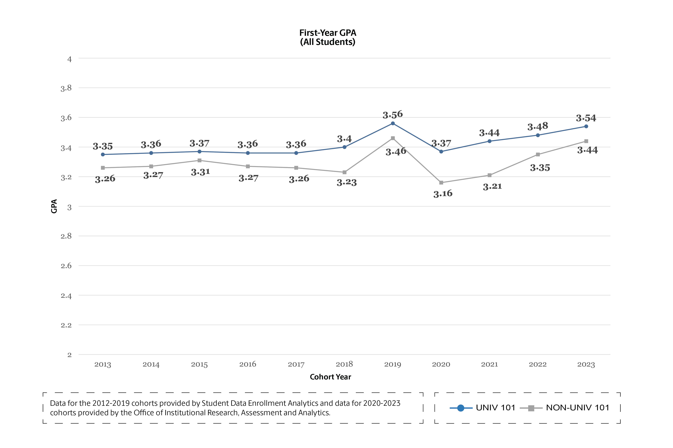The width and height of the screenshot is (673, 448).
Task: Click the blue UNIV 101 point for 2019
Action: [393, 123]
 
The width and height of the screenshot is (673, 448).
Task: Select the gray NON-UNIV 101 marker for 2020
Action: [441, 183]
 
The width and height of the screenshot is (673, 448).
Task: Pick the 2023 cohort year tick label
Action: [586, 364]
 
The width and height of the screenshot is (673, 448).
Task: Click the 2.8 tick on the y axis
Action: [66, 236]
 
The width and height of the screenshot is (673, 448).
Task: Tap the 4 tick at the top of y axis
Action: [69, 59]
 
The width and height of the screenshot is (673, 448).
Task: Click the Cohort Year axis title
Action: [330, 377]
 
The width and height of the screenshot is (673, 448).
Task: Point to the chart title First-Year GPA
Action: [328, 33]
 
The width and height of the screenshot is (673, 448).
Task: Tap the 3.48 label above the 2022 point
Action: [538, 126]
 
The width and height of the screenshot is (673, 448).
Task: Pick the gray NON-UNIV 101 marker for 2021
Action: [489, 175]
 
